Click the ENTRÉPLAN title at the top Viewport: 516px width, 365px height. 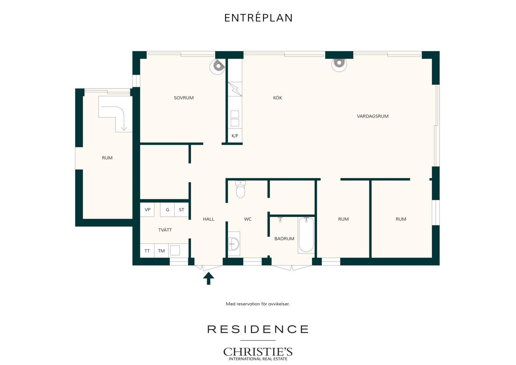point(258,18)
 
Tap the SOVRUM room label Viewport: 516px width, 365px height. point(184,98)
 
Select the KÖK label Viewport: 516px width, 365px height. point(277,98)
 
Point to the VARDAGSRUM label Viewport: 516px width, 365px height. point(372,116)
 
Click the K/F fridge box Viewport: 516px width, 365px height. point(235,136)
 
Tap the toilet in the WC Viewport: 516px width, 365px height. point(240,189)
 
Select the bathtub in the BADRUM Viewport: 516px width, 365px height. point(306,235)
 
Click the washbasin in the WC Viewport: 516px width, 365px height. point(234,244)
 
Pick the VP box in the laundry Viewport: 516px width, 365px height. point(148,210)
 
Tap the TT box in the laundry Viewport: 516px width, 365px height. point(147,251)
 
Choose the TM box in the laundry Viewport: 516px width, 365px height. point(161,251)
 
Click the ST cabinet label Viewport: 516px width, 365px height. point(182,210)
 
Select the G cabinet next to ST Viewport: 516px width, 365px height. point(167,210)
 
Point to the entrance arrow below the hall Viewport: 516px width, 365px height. point(208,278)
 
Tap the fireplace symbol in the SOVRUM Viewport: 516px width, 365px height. point(217,67)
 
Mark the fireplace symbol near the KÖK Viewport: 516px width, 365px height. point(339,64)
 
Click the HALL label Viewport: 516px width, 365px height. point(208,219)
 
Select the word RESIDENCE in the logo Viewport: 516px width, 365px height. point(258,329)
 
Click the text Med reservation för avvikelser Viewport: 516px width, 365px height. point(258,304)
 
